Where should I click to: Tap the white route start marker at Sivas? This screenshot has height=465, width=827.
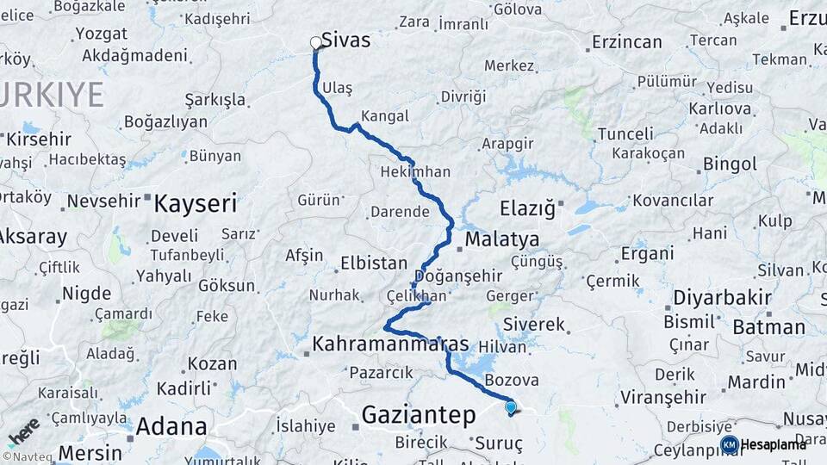coord(315,41)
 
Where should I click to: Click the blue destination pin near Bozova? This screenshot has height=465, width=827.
coord(511,407)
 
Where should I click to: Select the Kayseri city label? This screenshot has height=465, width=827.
coord(195,203)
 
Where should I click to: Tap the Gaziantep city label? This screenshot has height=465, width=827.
coord(418,415)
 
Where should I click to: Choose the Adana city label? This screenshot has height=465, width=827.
coord(171,426)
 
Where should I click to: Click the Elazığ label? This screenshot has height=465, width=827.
coord(527,208)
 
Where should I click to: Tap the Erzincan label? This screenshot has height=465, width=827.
coord(627,41)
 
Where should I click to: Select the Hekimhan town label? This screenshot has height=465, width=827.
coord(415,172)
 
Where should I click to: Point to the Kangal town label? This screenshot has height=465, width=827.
coord(384,115)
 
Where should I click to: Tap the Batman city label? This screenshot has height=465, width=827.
coord(768,327)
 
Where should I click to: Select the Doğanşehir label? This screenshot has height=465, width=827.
coord(457,276)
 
